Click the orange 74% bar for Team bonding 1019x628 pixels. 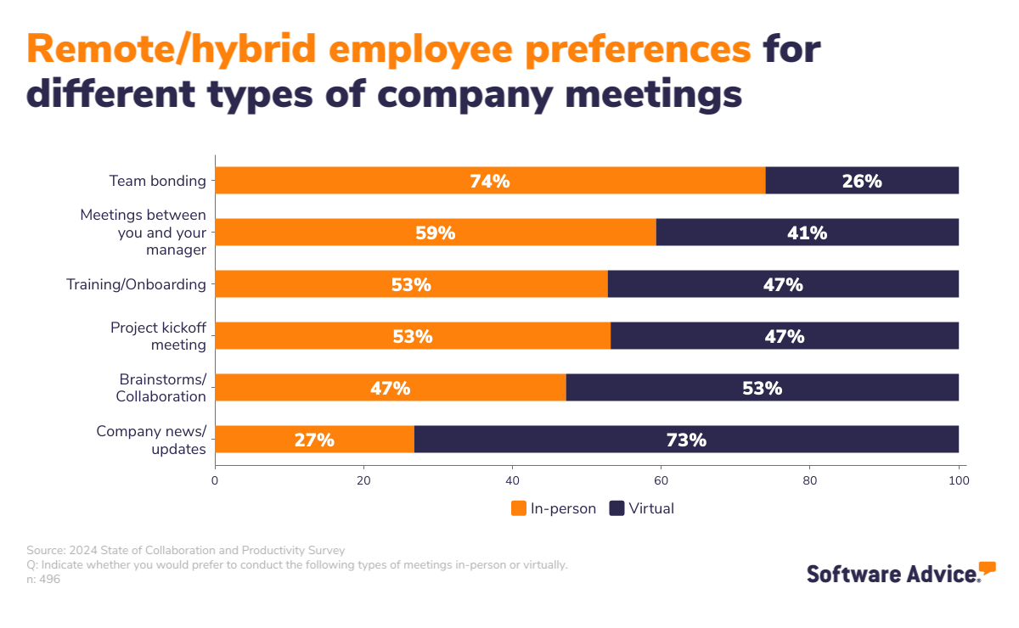pyautogui.click(x=490, y=181)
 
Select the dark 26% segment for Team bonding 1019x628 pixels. pyautogui.click(x=862, y=181)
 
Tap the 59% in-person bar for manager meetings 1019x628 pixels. pyautogui.click(x=435, y=233)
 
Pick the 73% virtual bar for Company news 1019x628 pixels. pyautogui.click(x=686, y=440)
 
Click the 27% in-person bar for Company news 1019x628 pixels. pyautogui.click(x=314, y=440)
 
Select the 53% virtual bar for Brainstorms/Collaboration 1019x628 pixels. pyautogui.click(x=762, y=388)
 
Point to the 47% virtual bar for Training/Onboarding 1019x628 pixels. pyautogui.click(x=783, y=284)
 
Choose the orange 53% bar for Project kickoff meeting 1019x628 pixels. pyautogui.click(x=413, y=336)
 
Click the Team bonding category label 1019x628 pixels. pyautogui.click(x=157, y=181)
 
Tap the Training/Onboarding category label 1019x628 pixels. pyautogui.click(x=136, y=284)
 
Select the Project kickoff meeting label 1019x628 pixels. pyautogui.click(x=158, y=336)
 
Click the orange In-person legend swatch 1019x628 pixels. pyautogui.click(x=519, y=508)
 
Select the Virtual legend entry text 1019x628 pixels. pyautogui.click(x=651, y=508)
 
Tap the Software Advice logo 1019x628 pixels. pyautogui.click(x=900, y=573)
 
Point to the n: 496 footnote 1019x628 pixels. pyautogui.click(x=43, y=580)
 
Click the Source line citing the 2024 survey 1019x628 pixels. pyautogui.click(x=186, y=550)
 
